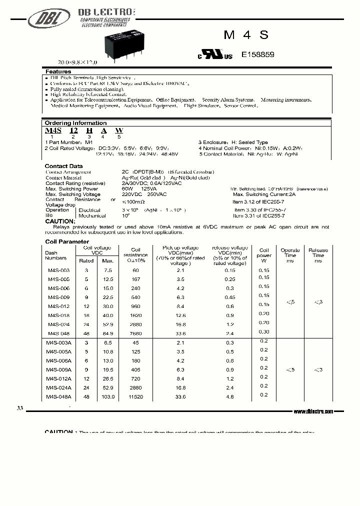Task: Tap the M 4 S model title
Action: tap(246, 34)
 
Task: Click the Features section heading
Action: tap(58, 72)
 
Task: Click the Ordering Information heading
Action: tap(75, 123)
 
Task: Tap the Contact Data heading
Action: tap(63, 166)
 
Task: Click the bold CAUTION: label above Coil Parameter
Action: tap(60, 221)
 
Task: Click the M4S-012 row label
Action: tap(58, 306)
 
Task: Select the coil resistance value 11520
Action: tap(135, 396)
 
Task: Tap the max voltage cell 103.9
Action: tap(108, 396)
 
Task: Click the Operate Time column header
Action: tap(290, 255)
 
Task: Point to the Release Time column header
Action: tap(318, 255)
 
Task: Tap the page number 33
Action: tap(19, 408)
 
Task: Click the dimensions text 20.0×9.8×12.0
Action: tap(77, 62)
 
